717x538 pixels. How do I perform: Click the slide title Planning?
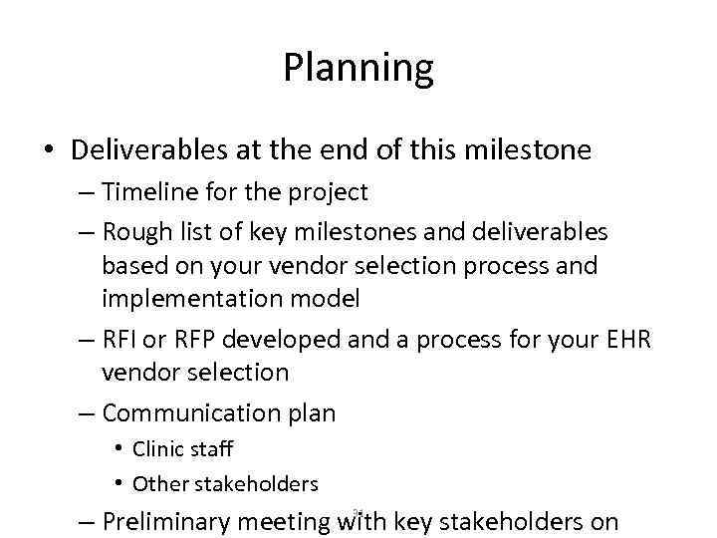click(358, 68)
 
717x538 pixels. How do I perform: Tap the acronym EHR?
click(624, 340)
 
